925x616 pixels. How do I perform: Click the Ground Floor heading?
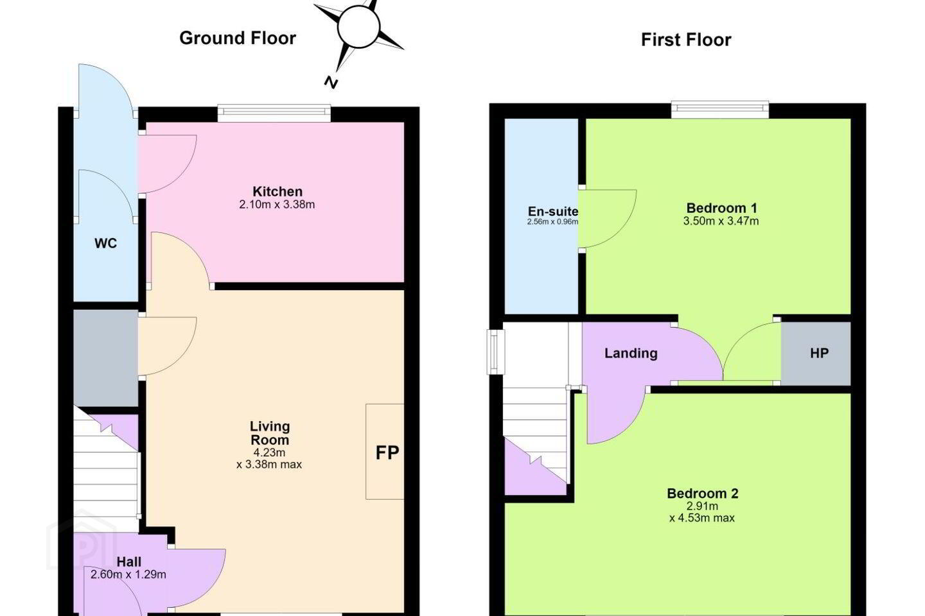(x=238, y=38)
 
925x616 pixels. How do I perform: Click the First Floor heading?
(x=686, y=40)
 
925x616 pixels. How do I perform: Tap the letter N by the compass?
(x=330, y=83)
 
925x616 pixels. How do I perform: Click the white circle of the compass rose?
(x=358, y=27)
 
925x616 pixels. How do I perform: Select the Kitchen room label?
(x=277, y=191)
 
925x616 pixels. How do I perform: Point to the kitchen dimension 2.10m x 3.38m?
(x=277, y=204)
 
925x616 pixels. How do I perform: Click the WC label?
(x=106, y=243)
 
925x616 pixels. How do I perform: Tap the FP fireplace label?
(x=387, y=452)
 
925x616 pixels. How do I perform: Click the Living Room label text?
(x=270, y=433)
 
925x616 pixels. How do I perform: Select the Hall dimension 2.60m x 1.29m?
(x=128, y=574)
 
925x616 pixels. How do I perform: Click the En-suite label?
(x=553, y=211)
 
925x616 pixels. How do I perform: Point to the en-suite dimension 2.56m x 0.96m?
(x=552, y=221)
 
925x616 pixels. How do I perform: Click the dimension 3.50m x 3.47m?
(x=721, y=221)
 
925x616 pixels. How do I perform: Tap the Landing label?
(x=631, y=353)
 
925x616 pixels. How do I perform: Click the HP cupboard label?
(x=819, y=353)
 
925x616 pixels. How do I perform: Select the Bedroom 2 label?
(x=703, y=493)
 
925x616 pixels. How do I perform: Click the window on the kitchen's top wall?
(x=274, y=113)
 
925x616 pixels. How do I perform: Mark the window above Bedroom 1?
(x=720, y=109)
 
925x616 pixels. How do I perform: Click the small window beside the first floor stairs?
(x=495, y=352)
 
